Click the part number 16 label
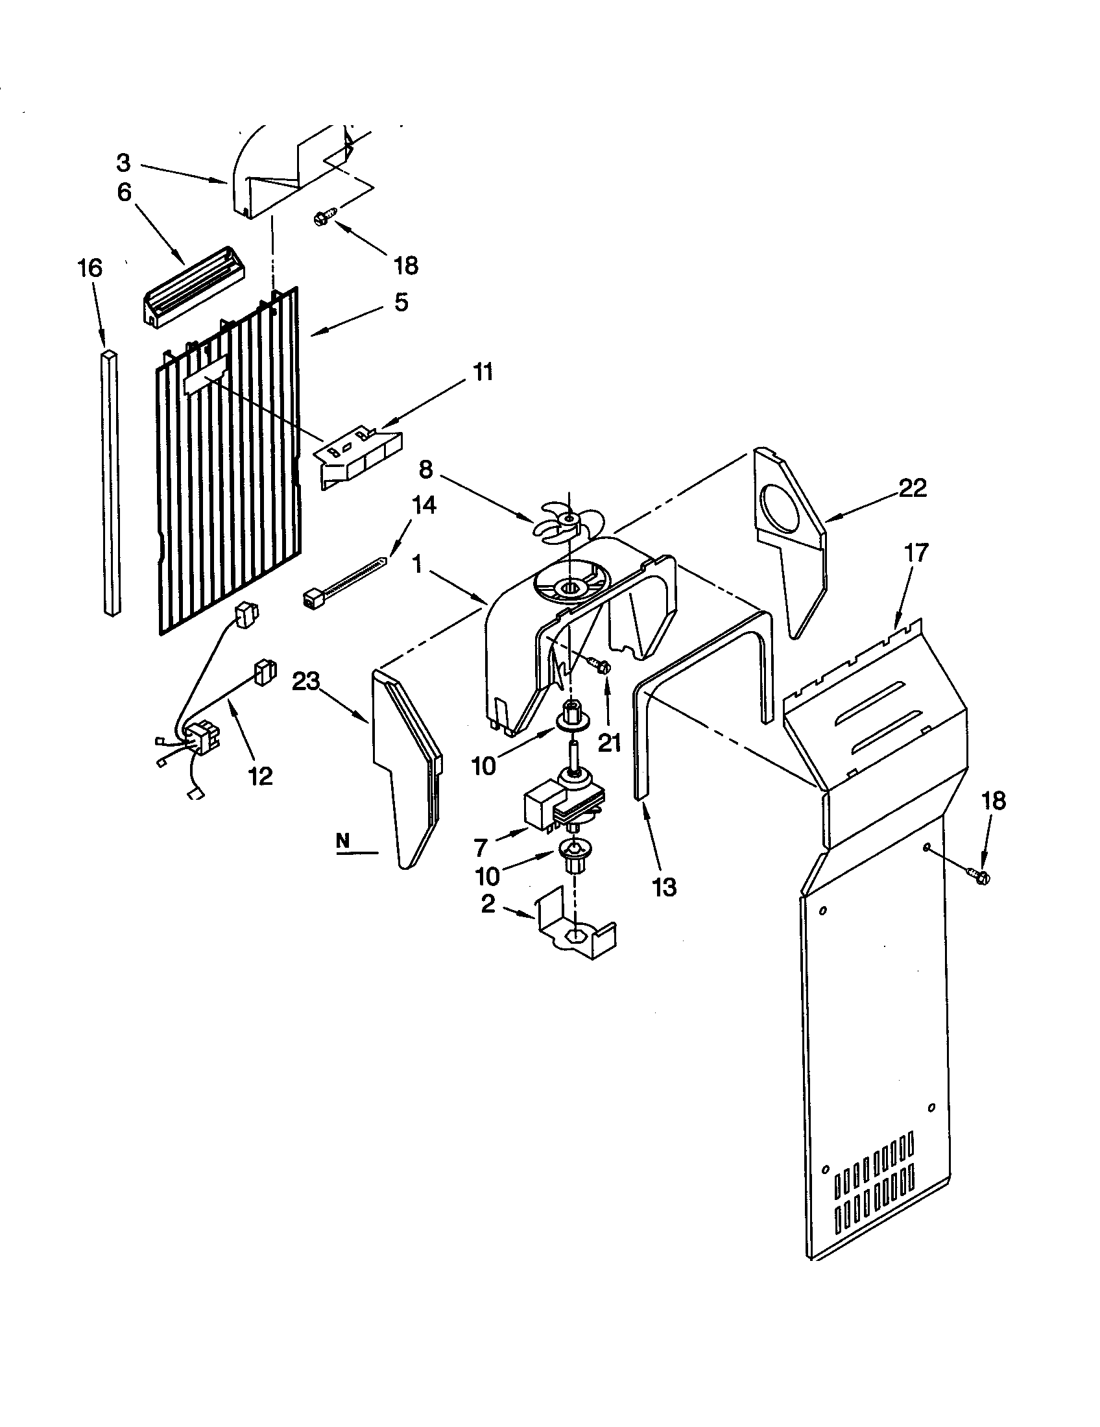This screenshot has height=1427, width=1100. coord(90,269)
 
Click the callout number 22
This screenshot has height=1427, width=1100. coord(913,488)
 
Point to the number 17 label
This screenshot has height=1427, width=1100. coord(916,553)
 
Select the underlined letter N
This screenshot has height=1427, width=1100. coord(343,842)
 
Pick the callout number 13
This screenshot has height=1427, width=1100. coord(664,887)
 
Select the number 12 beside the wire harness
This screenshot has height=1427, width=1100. coord(260,776)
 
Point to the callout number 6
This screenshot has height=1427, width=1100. coord(124,192)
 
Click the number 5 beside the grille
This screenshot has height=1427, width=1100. coord(400,302)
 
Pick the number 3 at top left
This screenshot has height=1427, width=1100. coord(123,162)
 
